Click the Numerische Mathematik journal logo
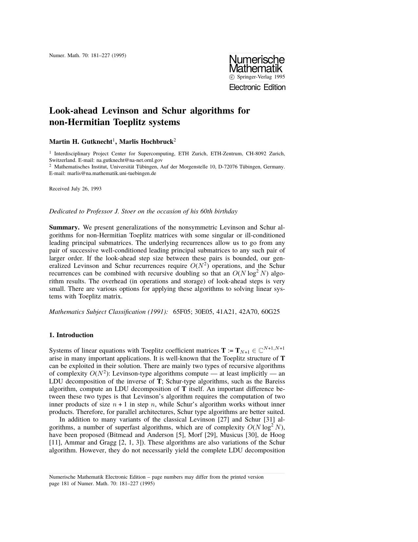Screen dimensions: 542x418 pyautogui.click(x=257, y=64)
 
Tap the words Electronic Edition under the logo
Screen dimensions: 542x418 pyautogui.click(x=257, y=87)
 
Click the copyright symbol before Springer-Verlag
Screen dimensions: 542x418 pyautogui.click(x=232, y=77)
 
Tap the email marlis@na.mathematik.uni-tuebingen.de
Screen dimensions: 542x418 pyautogui.click(x=111, y=173)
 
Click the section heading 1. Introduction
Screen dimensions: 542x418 pyautogui.click(x=71, y=335)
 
